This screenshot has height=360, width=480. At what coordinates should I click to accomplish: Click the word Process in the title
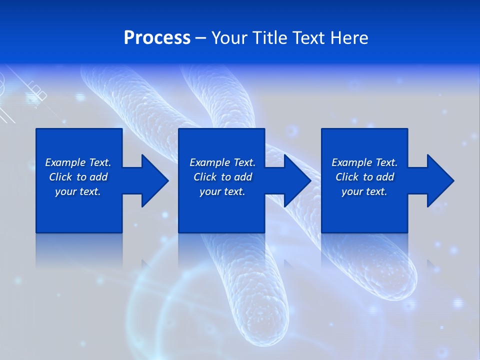click(x=157, y=38)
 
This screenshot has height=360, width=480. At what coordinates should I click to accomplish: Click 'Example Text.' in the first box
click(x=78, y=162)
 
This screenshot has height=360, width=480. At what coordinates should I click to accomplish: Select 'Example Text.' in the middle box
click(x=222, y=162)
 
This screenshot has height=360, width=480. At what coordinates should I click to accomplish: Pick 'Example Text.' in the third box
click(x=364, y=162)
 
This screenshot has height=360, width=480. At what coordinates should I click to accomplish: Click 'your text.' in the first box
click(x=78, y=191)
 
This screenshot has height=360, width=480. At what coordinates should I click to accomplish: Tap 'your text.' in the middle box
click(x=222, y=191)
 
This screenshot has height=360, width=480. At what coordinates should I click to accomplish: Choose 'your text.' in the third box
click(x=364, y=191)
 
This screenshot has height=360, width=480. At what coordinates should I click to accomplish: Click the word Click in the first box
click(x=60, y=177)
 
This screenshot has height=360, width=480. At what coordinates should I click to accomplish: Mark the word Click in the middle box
click(x=204, y=177)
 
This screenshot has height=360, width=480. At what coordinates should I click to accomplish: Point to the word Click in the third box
click(x=346, y=177)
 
